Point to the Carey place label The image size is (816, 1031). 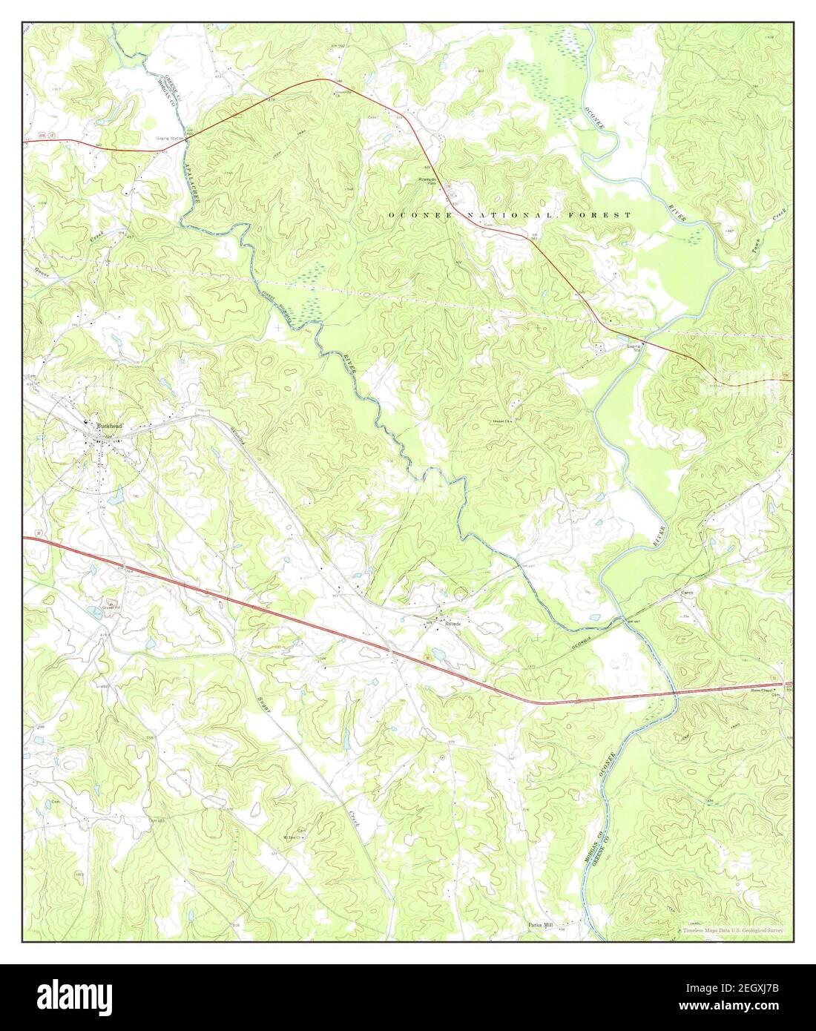pyautogui.click(x=688, y=593)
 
